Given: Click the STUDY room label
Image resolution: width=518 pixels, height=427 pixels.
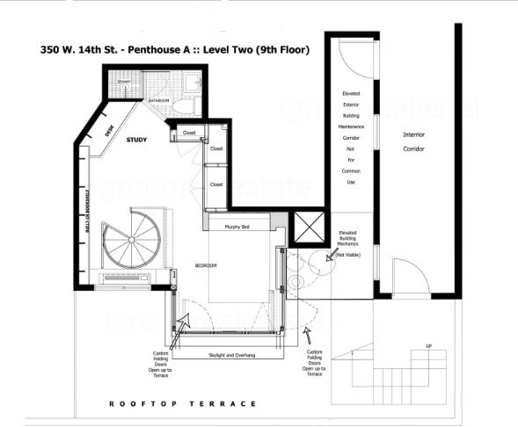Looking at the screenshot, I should pos(136,140).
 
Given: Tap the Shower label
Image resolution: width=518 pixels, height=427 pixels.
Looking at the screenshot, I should pos(123,82).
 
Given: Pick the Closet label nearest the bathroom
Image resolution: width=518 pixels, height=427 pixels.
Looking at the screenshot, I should pos(188,133).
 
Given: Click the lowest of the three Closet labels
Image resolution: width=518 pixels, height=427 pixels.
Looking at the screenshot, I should pos(216,185).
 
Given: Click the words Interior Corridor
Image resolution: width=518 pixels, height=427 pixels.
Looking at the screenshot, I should pos(414,142).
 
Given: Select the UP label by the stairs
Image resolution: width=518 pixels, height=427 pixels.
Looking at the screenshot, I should pos(428,345).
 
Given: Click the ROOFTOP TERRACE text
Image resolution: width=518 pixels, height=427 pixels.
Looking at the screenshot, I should pos(182,404).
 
